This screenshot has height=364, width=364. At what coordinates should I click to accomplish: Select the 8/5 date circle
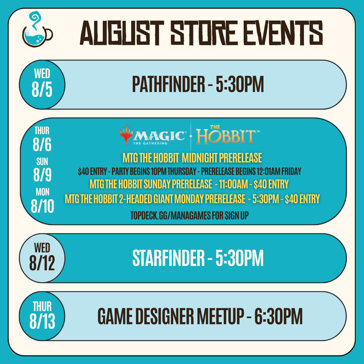tap(42, 85)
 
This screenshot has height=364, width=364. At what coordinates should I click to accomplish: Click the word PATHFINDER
tap(169, 84)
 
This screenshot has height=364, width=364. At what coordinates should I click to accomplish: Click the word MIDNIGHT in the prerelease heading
tap(199, 158)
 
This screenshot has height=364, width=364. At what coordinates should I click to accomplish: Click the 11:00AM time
tap(233, 184)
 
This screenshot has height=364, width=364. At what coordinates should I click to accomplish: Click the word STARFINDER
tap(169, 258)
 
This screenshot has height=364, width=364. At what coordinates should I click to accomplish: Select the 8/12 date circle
tap(42, 258)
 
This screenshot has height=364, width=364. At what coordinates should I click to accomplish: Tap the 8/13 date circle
tap(42, 316)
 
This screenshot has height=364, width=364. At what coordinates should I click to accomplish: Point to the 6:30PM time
tap(279, 316)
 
